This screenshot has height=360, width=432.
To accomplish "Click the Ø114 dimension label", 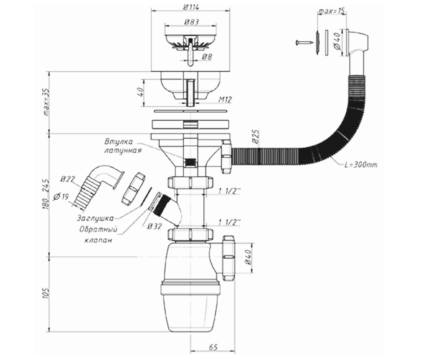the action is tap(191, 8).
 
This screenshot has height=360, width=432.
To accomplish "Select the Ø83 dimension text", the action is tap(191, 22).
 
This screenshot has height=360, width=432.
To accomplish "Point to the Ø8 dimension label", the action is tap(207, 57).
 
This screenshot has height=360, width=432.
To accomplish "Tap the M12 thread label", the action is tap(225, 100).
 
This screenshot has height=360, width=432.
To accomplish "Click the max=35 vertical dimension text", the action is tap(47, 102).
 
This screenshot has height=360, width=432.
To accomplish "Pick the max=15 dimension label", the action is tap(332, 11).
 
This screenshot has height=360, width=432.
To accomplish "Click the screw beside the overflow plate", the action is tap(303, 43).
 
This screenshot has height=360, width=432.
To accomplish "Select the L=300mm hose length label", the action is tap(361, 165).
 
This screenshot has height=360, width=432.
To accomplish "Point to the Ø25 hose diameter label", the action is tap(256, 137).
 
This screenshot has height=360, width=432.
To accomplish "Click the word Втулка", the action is tap(118, 142).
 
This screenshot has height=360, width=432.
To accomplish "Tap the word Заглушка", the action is tap(95, 218).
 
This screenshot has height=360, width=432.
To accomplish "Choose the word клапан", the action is tap(99, 240).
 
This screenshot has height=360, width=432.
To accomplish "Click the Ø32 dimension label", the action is tap(154, 226).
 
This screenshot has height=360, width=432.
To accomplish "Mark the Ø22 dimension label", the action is tap(68, 179).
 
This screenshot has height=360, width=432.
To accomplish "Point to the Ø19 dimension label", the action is tap(60, 197).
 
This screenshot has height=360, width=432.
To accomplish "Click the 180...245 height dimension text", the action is tap(47, 194).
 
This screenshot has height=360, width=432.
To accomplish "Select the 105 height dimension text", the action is tap(46, 292).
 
